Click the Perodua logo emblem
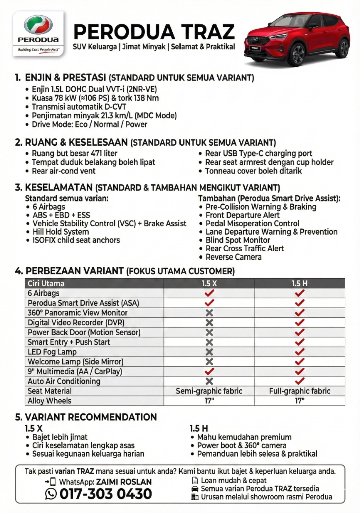pyautogui.click(x=38, y=25)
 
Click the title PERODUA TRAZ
pyautogui.click(x=153, y=32)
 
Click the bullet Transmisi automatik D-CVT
pyautogui.click(x=79, y=107)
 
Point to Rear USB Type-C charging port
pyautogui.click(x=258, y=154)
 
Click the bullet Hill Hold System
pyautogui.click(x=61, y=232)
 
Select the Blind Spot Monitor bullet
pyautogui.click(x=238, y=240)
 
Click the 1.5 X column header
pyautogui.click(x=209, y=283)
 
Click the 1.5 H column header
pyautogui.click(x=300, y=283)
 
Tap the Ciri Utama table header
pyautogui.click(x=46, y=283)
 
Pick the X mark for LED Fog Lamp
pyautogui.click(x=209, y=352)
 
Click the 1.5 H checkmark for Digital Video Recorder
pyautogui.click(x=300, y=322)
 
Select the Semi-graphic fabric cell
pyautogui.click(x=209, y=391)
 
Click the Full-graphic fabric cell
pyautogui.click(x=300, y=391)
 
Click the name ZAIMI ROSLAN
pyautogui.click(x=124, y=482)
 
